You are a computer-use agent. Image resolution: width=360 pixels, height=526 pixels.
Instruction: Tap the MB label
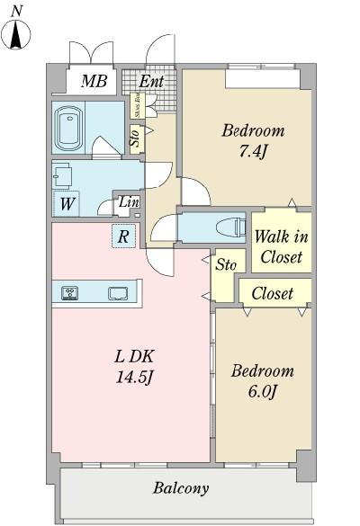[x=94, y=83]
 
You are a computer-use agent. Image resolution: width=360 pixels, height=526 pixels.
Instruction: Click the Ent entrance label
[x=150, y=83]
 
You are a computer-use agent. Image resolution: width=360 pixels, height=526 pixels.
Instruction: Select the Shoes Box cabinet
[x=136, y=106]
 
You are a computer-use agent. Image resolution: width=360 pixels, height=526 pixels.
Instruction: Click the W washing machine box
[x=67, y=203]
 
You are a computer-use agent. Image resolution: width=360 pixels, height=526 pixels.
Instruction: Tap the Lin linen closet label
[x=129, y=202]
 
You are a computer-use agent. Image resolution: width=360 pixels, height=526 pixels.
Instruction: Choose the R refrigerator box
[x=123, y=237]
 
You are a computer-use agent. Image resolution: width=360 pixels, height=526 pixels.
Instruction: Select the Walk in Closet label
[x=281, y=246]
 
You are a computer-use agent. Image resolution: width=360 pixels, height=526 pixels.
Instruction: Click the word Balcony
[x=180, y=489]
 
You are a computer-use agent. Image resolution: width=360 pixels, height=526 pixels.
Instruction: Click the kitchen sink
[x=118, y=292]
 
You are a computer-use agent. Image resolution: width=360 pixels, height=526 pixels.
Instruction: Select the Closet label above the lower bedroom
[x=273, y=293]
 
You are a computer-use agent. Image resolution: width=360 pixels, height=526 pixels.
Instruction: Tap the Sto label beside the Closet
[x=224, y=265]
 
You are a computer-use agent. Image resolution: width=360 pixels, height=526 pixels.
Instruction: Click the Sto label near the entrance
[x=135, y=138]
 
